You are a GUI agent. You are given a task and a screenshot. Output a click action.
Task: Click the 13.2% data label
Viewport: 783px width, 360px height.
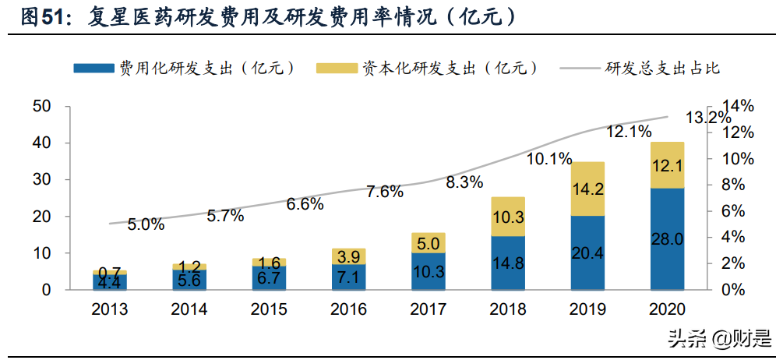coord(708,118)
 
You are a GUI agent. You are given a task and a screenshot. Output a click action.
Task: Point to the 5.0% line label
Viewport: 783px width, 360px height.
coord(146,224)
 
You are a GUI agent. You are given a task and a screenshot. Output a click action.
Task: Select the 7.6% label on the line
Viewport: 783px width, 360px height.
coord(385,192)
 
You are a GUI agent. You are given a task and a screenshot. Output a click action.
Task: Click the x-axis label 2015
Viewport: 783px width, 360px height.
coord(269,309)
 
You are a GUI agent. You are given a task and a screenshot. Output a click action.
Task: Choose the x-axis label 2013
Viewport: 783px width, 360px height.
coord(110,309)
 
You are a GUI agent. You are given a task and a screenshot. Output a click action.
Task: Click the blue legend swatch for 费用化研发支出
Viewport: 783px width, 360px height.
coord(93,68)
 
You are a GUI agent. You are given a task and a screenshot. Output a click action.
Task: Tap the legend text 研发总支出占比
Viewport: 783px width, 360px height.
coord(661,68)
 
